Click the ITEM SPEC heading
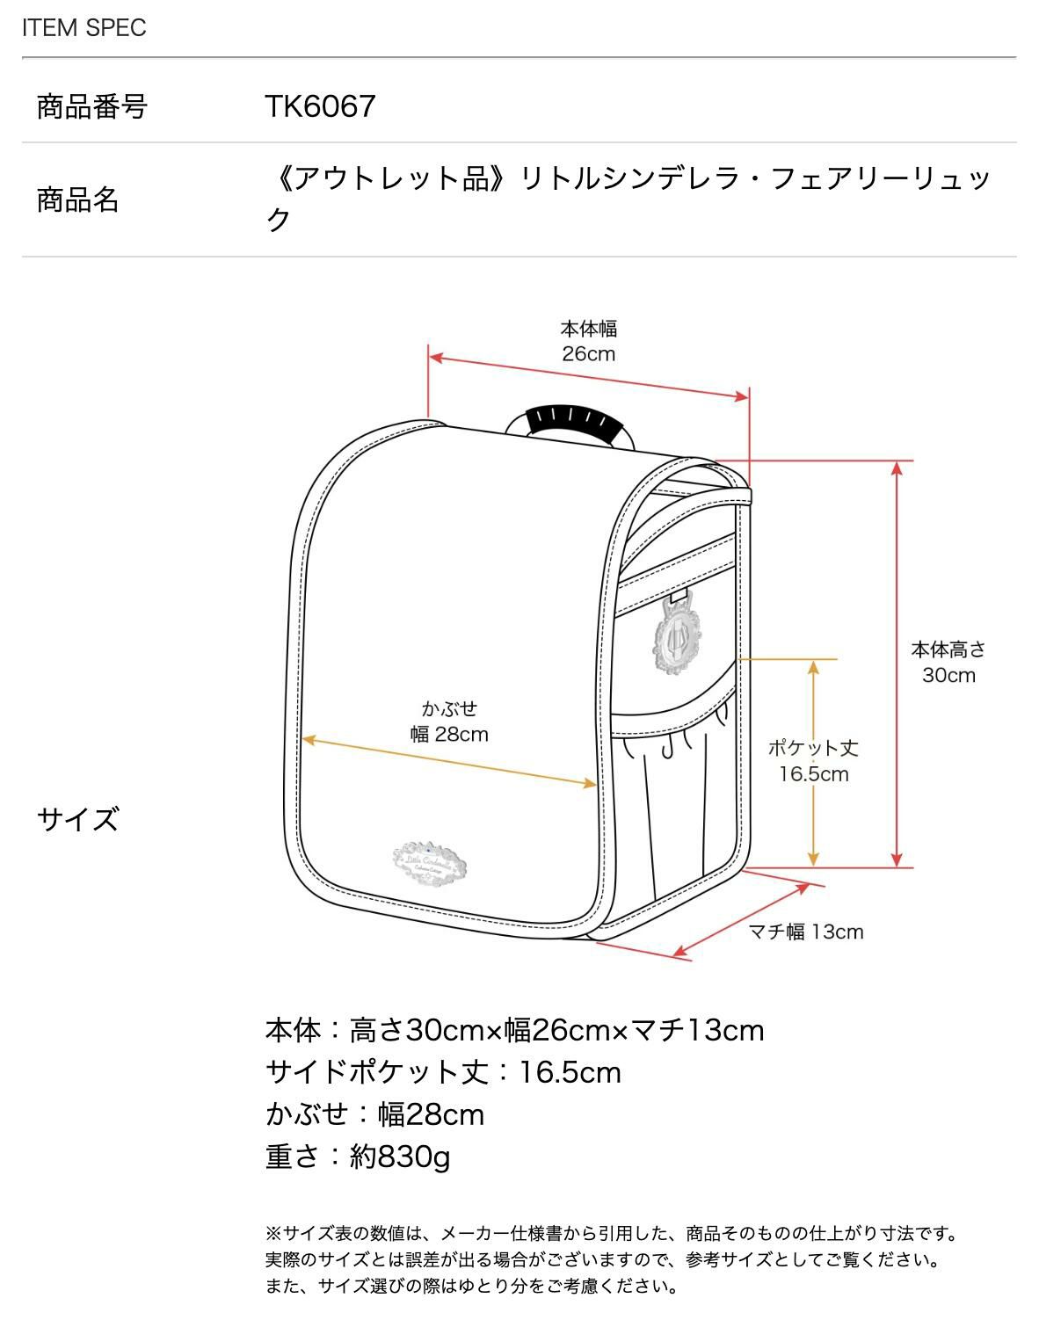click(x=84, y=28)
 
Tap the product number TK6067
click(x=320, y=106)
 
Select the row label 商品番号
click(x=91, y=107)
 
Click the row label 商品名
click(x=77, y=199)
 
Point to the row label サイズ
click(x=77, y=819)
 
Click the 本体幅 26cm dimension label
click(x=589, y=341)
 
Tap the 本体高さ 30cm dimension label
click(x=948, y=663)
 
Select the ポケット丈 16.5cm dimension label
click(x=813, y=761)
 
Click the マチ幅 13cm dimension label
click(x=805, y=932)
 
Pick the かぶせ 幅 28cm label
click(x=449, y=722)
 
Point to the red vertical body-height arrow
click(x=897, y=664)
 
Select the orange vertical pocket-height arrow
click(x=814, y=762)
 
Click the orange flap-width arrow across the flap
click(x=448, y=761)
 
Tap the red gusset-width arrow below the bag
click(x=740, y=919)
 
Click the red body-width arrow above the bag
click(x=588, y=377)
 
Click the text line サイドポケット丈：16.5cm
click(x=443, y=1072)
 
